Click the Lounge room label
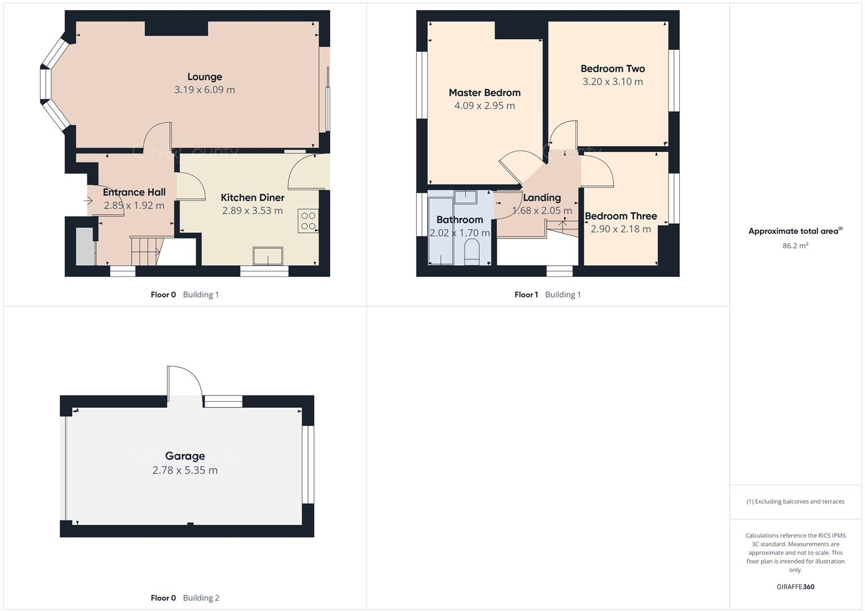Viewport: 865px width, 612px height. coord(204,76)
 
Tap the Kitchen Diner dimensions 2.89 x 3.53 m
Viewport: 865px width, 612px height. coord(252,211)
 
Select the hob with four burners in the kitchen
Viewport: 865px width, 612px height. coord(308,221)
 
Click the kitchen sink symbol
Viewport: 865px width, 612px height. coord(268,256)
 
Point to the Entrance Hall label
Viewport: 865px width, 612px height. coord(134,192)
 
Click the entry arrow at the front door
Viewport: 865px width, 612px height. coord(88,201)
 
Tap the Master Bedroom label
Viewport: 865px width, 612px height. coord(484,92)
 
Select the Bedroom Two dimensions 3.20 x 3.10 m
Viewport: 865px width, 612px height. coord(612,82)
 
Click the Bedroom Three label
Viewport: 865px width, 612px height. coord(620,216)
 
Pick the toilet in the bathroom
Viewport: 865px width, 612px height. coord(471,251)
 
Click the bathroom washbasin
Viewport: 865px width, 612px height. coord(466,197)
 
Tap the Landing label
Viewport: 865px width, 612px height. coord(542,197)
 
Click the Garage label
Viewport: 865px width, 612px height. coord(185,456)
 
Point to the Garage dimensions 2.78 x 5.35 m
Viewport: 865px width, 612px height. coord(185,470)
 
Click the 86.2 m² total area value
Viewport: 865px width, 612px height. coord(795,245)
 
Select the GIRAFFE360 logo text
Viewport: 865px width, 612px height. coord(795,586)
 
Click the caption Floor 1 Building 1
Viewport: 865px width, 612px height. coord(547,295)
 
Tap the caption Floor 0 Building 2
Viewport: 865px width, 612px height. coord(185,598)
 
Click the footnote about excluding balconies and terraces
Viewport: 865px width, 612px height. coord(795,501)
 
